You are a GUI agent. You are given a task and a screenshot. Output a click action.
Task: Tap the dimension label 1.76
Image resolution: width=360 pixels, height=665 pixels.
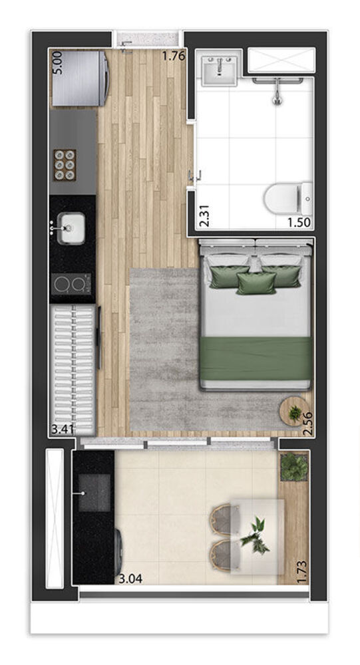(174, 57)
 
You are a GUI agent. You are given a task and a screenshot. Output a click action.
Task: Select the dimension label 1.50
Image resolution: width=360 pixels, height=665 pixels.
(299, 223)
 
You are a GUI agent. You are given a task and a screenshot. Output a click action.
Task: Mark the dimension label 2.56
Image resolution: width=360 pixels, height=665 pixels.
(308, 423)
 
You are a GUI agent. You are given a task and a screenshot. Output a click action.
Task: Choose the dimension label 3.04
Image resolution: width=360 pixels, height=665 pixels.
(130, 579)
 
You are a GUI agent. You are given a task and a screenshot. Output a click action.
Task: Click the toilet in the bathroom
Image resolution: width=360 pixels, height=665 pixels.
(287, 198)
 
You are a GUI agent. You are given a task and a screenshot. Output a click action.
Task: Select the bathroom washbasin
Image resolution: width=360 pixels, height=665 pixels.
(220, 70)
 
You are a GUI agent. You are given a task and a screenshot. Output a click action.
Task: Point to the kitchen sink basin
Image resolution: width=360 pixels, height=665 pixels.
(71, 228)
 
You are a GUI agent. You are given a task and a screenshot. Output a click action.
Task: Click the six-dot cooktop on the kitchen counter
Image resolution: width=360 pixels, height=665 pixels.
(65, 164)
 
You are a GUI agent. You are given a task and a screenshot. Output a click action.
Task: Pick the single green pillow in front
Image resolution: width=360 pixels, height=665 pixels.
(256, 283)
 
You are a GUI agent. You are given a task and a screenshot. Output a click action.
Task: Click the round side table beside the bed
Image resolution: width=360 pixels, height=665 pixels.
(293, 410)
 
